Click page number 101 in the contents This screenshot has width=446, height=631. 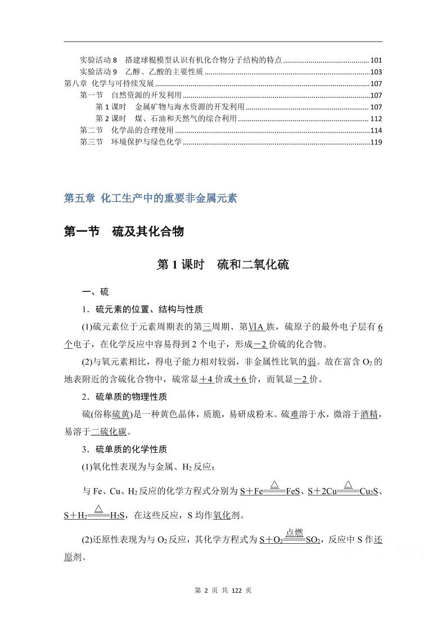click(376, 60)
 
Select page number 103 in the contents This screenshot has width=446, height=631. click(376, 72)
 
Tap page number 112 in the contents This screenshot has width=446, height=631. click(376, 119)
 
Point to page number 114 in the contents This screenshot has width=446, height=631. click(376, 130)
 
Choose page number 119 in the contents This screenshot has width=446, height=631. click(376, 142)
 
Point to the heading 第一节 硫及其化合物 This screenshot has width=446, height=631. click(124, 231)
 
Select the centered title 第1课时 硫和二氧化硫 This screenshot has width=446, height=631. click(223, 264)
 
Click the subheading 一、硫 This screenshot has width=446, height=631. click(95, 292)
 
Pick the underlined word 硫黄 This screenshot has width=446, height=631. click(121, 414)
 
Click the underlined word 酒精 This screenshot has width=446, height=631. click(369, 414)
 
